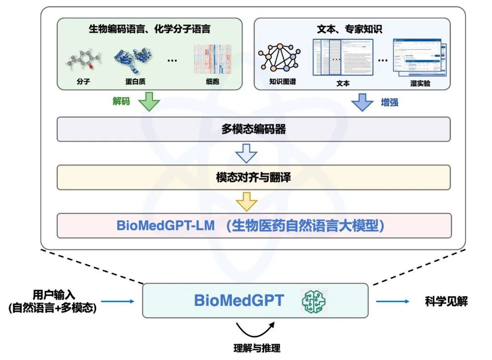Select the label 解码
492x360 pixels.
coord(121,101)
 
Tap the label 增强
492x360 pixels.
coord(389,102)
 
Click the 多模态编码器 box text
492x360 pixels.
coord(253,129)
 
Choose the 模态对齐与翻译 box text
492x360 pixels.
coord(253,177)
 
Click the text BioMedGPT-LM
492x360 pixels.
coord(165,226)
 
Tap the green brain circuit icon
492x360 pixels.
coord(313,300)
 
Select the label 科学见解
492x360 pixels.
coord(446,301)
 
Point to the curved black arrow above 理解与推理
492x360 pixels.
coord(255,328)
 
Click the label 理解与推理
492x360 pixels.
coord(256,349)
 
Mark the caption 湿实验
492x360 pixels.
coord(420,84)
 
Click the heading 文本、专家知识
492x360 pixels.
coord(349,30)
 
